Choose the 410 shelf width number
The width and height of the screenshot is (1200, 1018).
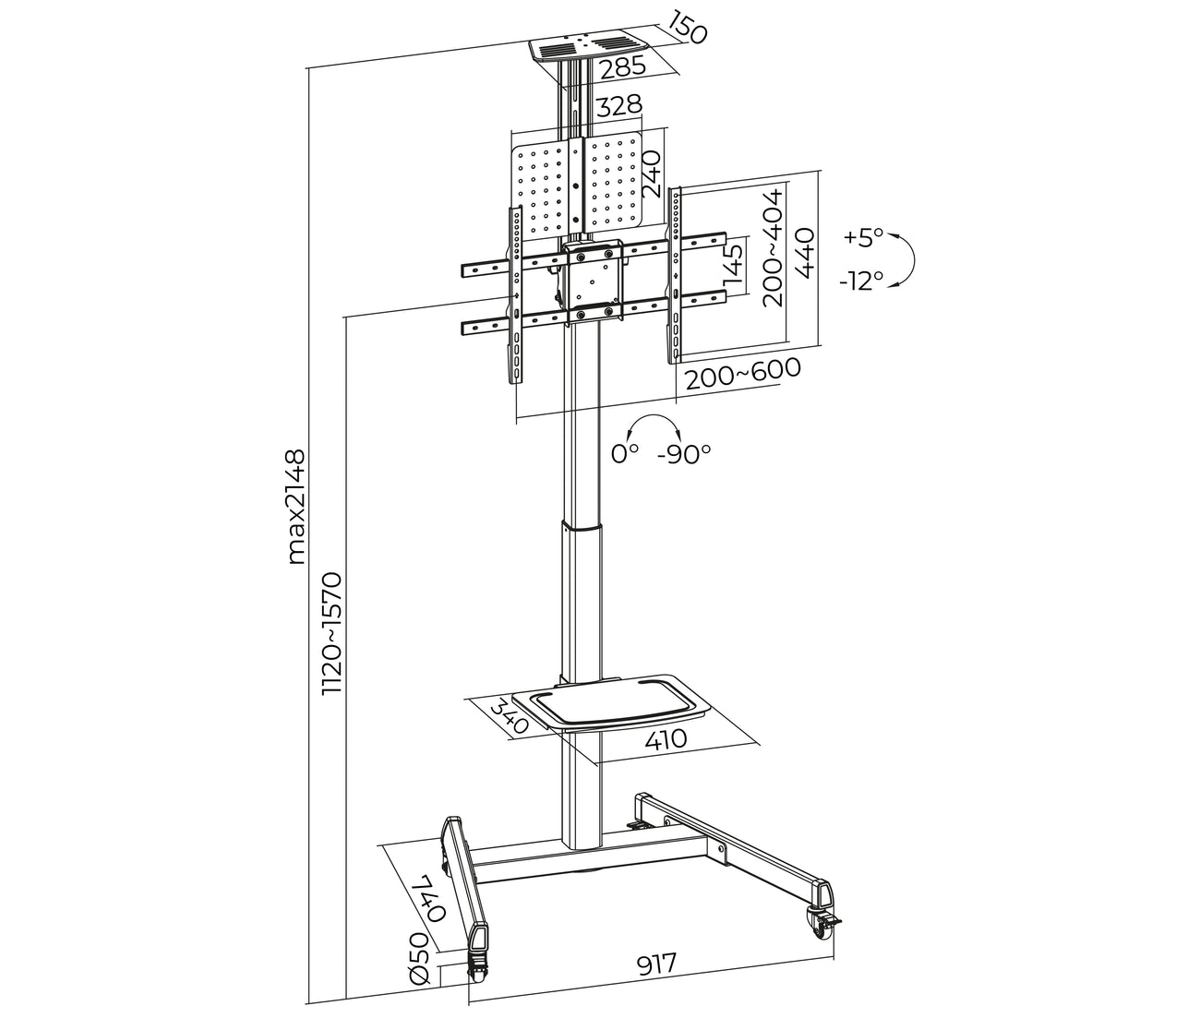coord(666,739)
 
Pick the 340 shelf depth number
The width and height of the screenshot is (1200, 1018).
coord(508,715)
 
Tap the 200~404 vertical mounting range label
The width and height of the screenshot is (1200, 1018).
coord(774,248)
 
